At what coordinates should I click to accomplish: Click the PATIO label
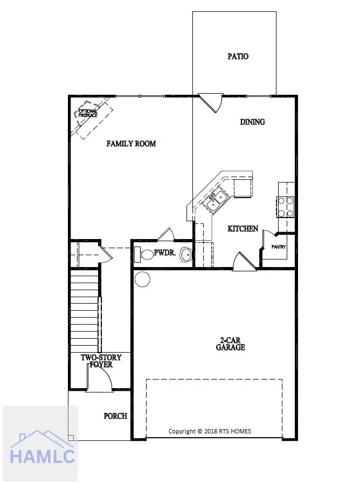pos(238,56)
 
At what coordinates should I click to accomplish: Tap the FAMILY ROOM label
pos(131,143)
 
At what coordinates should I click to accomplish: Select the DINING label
pos(252,122)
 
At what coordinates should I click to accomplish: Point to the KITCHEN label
pos(243,228)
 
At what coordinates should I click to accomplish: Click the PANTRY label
pos(279,247)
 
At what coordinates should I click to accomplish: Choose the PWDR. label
pos(163,252)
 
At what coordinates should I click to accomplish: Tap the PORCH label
pos(115,416)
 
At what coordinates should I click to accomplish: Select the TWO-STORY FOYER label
pos(101,361)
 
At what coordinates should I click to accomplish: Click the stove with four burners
pos(286,206)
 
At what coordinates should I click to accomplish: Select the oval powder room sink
pos(186,254)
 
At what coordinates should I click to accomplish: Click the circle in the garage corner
pos(143,279)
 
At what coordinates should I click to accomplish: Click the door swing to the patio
pos(211,102)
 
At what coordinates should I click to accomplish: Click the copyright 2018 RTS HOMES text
pos(210,431)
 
